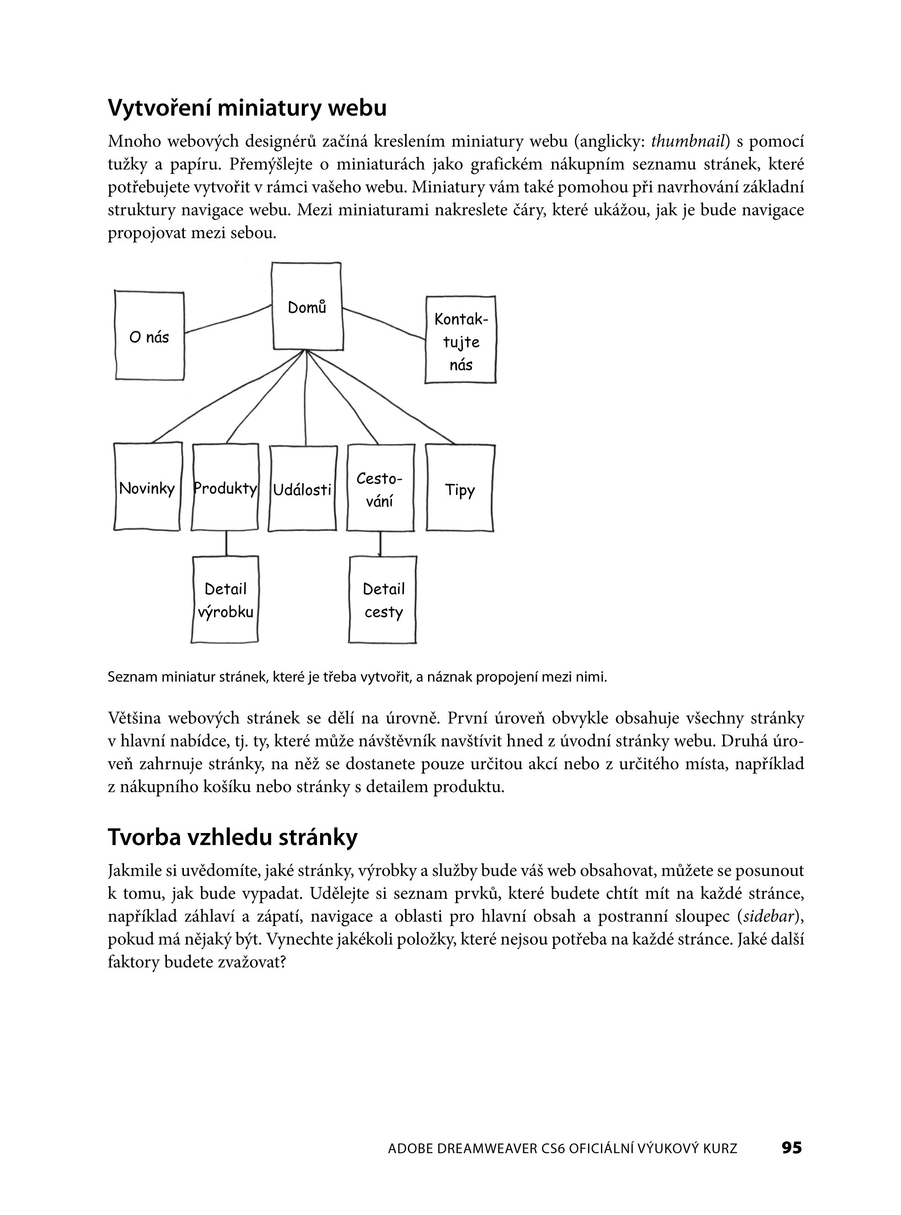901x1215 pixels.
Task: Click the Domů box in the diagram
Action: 307,306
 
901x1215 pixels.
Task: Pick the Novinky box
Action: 147,487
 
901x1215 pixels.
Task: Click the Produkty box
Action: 225,487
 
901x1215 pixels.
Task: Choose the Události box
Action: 302,488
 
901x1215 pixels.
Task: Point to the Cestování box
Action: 380,488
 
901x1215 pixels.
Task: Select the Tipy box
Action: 460,488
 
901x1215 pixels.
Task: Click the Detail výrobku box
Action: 225,600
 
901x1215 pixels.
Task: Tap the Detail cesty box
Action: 383,600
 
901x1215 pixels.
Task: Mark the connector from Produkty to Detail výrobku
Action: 226,543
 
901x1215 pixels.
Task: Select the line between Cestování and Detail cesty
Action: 380,543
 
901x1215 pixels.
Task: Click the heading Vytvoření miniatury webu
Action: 247,108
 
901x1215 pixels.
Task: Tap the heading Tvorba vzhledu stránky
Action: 232,837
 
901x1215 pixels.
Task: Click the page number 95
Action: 791,1148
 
